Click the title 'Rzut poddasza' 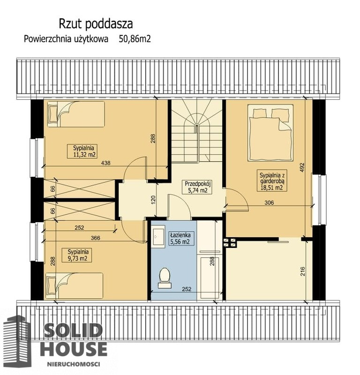click(96, 24)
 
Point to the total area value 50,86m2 click(135, 39)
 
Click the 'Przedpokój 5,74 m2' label click(197, 187)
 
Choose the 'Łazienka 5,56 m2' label click(180, 238)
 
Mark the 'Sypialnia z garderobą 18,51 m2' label click(272, 181)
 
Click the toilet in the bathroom click(165, 278)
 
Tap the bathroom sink click(158, 237)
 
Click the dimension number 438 click(106, 163)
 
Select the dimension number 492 click(302, 168)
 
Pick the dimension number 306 click(269, 202)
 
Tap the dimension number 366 click(96, 238)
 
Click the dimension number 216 click(303, 271)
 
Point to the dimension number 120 click(153, 200)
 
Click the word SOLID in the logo click(74, 330)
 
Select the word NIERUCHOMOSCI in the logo click(74, 364)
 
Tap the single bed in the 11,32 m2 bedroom click(76, 114)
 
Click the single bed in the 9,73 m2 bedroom click(74, 286)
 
